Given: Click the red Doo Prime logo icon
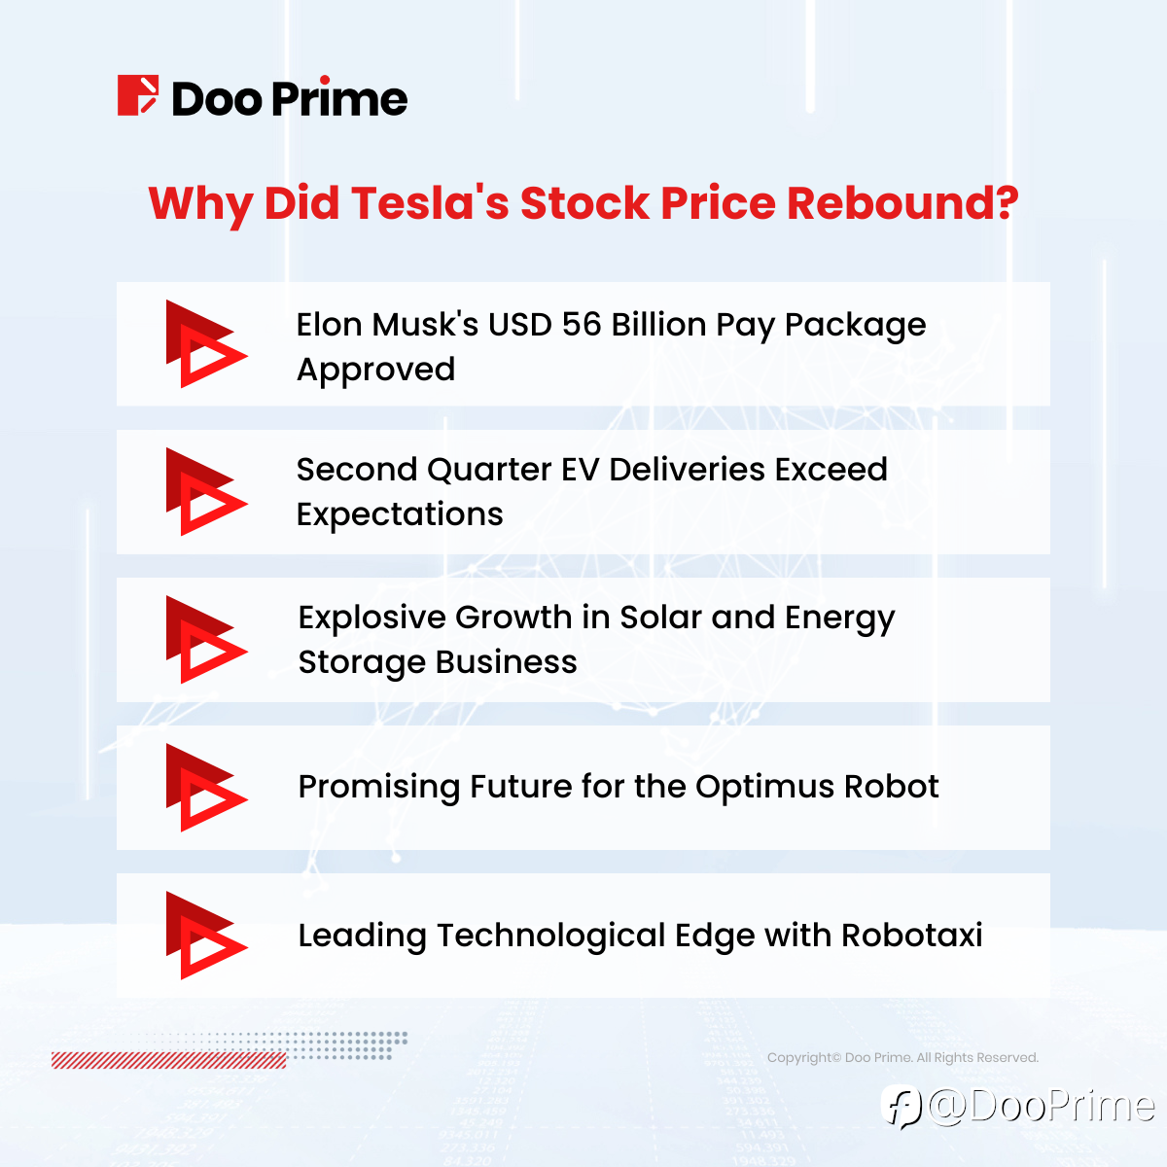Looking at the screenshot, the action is point(138,95).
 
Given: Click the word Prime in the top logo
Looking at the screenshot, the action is point(339,97).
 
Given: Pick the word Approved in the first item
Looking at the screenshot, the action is point(375,371).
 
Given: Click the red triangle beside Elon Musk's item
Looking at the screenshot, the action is point(206,344).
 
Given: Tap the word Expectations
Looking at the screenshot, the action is point(400,515).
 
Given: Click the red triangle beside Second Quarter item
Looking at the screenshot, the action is point(206,492).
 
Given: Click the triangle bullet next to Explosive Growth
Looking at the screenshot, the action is point(206,640).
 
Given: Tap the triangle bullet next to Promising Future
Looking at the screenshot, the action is point(206,788).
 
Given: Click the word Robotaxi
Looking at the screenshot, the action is point(911,935).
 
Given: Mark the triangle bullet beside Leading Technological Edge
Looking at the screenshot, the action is point(206,936).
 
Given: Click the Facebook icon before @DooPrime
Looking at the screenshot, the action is point(902,1107).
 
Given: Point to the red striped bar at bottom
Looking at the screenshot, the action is point(169,1060).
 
